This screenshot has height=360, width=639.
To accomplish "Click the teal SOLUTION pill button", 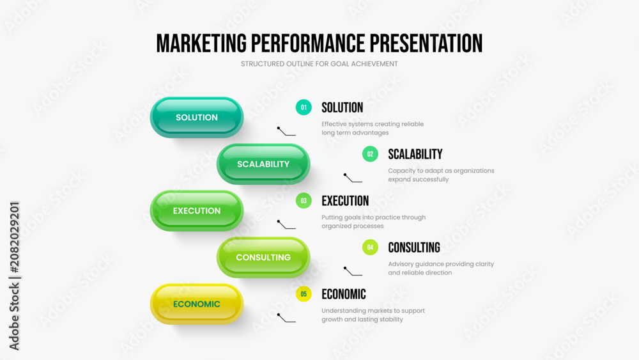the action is point(197,118).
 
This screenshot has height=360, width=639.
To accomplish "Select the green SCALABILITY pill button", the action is point(263,164).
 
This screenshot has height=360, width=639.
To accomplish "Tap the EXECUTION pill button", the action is point(197,211).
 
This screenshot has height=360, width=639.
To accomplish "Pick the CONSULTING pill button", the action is point(263,257).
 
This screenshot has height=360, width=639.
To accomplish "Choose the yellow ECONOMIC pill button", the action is point(197,304).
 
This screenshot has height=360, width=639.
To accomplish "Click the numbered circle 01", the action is point(304,107).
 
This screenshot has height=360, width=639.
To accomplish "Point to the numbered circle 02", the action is point(370,154).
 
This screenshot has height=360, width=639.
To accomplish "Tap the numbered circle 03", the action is point(304,201).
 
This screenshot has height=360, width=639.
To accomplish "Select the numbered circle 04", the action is point(370,247).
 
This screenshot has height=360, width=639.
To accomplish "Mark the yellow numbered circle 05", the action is point(304,294).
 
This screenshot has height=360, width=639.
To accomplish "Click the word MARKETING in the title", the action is point(201,43).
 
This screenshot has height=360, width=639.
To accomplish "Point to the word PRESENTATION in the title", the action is point(426,43).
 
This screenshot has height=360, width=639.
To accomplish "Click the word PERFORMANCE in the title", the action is point(308,43).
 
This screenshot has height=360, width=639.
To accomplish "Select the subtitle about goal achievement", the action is point(319,64).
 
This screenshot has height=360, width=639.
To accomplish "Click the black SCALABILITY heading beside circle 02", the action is point(415,154).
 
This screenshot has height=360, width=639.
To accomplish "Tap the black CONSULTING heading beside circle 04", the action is point(414,247).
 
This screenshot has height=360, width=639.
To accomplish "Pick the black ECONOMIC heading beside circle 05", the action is point(344,294).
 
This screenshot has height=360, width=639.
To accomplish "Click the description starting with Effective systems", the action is point(373,129).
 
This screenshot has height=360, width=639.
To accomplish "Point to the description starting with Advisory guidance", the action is point(441,269).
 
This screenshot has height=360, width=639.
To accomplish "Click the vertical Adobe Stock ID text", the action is point(14,276).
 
